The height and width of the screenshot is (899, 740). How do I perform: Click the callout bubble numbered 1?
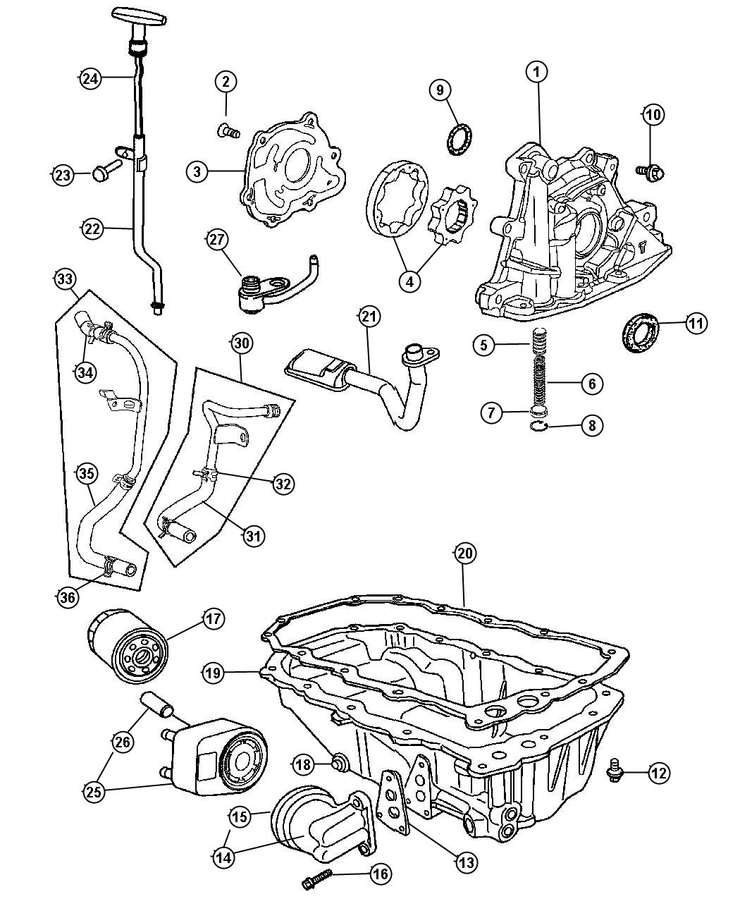pyautogui.click(x=537, y=71)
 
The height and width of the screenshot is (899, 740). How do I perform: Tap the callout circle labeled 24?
pyautogui.click(x=90, y=78)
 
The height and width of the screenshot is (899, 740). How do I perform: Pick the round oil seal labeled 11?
pyautogui.click(x=641, y=331)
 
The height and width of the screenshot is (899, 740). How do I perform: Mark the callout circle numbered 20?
pyautogui.click(x=464, y=554)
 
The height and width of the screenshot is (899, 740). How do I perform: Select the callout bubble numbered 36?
pyautogui.click(x=68, y=597)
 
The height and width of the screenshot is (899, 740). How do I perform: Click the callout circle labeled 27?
pyautogui.click(x=217, y=240)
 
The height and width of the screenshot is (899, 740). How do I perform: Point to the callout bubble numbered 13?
pyautogui.click(x=466, y=861)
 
